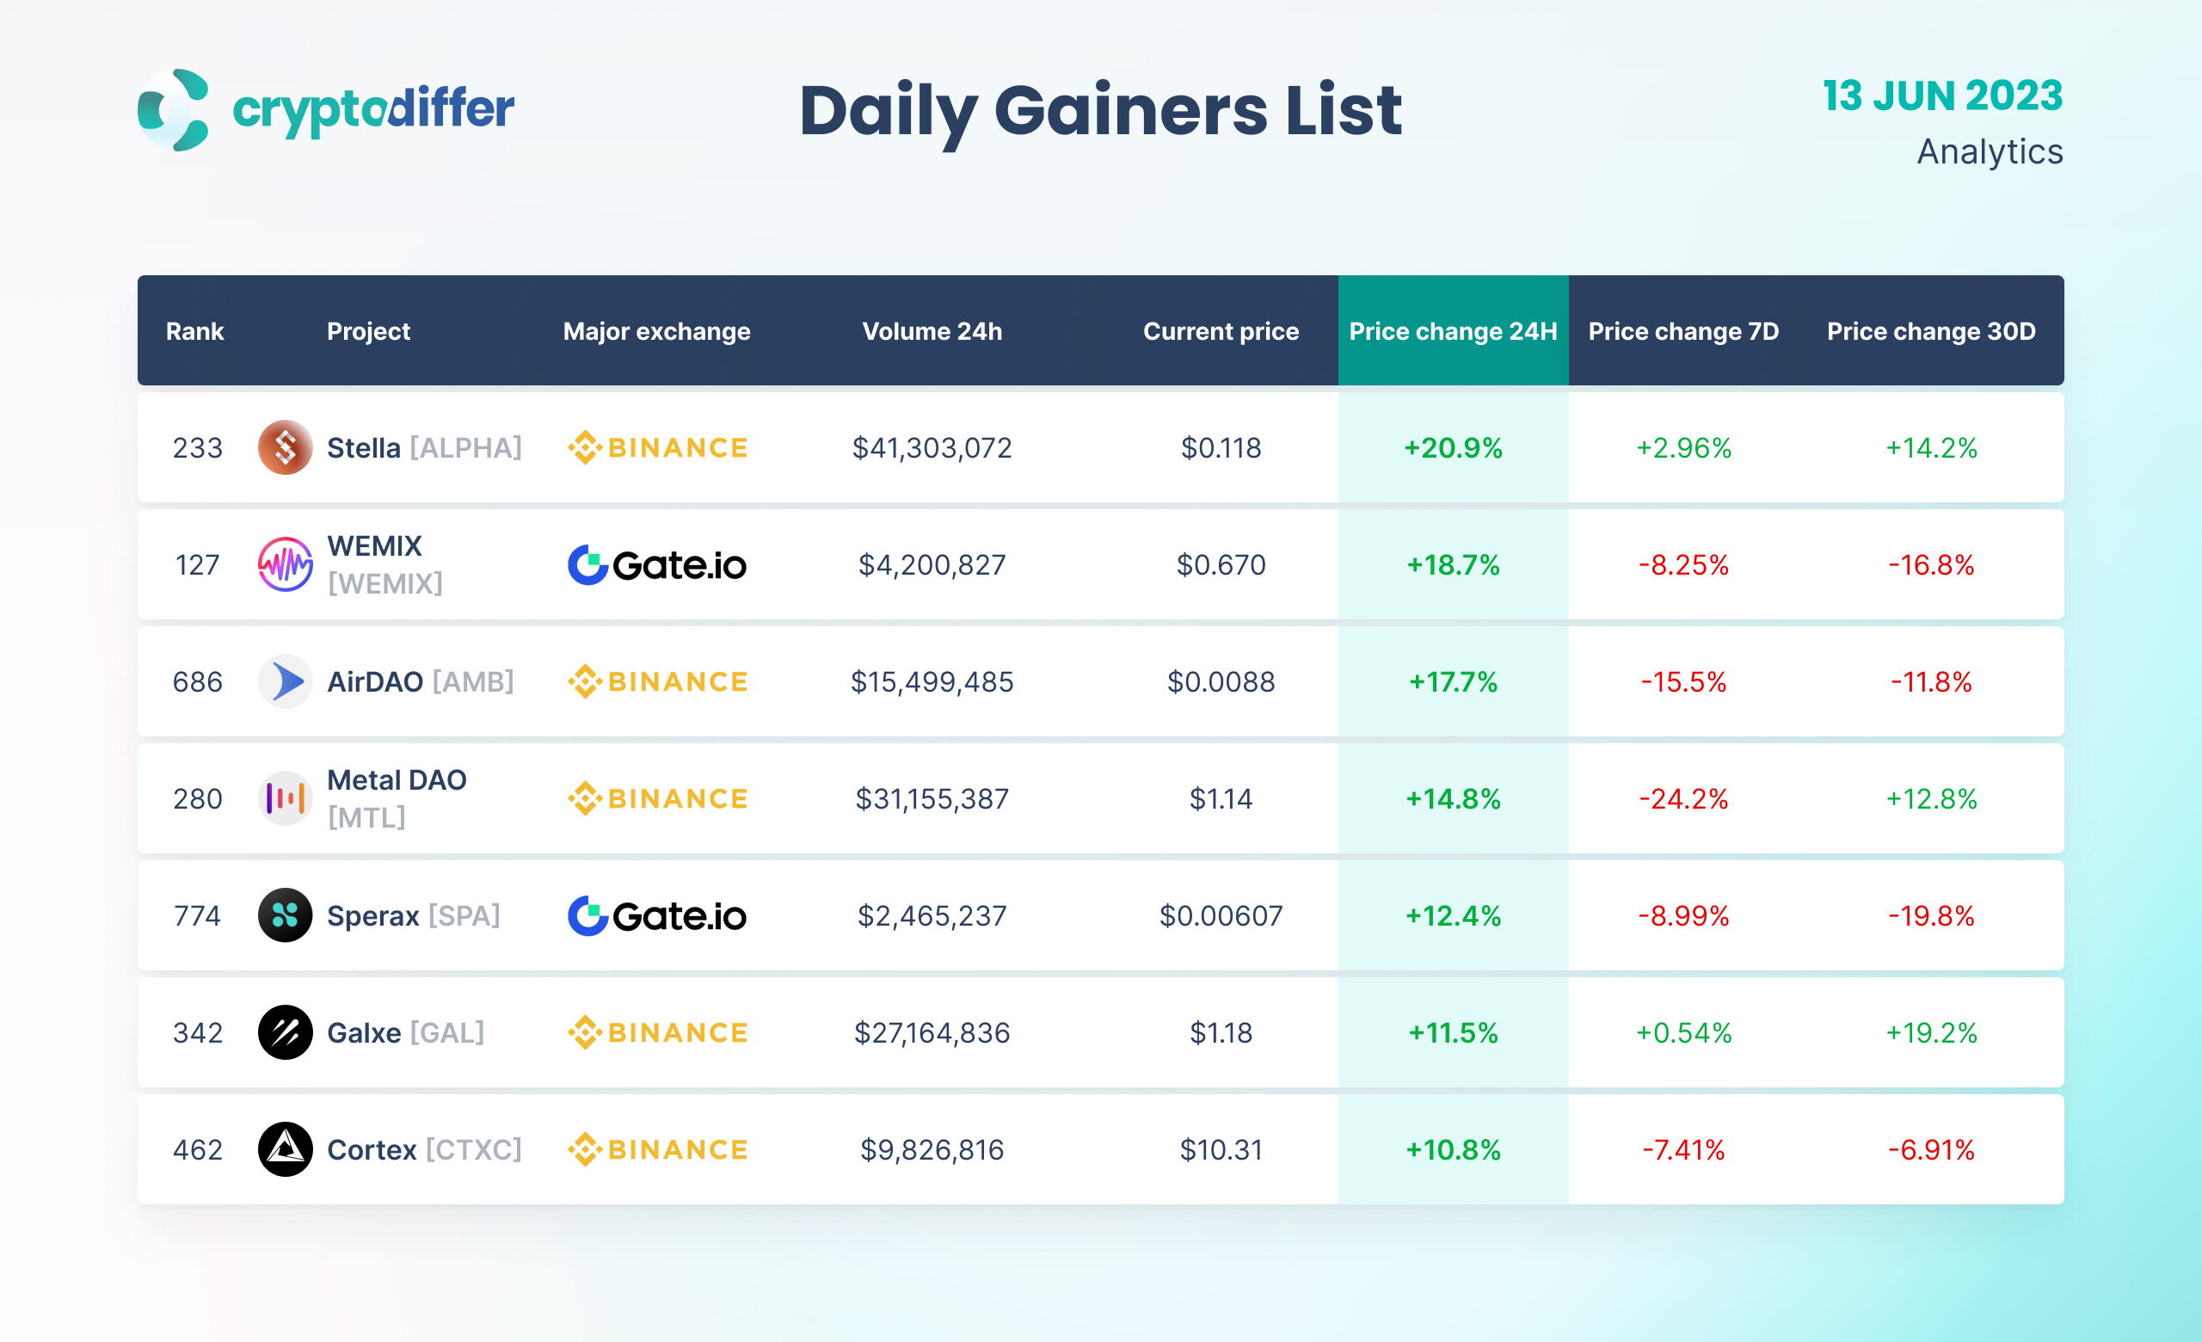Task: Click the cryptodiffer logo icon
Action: [174, 110]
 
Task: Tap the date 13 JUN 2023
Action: [1942, 95]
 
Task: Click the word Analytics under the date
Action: [1990, 152]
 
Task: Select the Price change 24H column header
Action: [1452, 331]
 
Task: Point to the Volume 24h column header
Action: [932, 331]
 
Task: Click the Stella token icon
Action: [285, 447]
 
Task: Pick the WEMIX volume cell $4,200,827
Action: [932, 564]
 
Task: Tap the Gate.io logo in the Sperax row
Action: [657, 916]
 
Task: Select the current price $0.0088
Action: [1221, 681]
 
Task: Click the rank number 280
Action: [198, 799]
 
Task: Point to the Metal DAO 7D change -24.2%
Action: [1682, 799]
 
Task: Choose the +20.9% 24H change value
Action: [1452, 447]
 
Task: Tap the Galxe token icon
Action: [285, 1033]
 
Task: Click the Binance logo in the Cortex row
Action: [657, 1150]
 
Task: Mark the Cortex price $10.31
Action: [1221, 1150]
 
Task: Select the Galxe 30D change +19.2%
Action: [1930, 1033]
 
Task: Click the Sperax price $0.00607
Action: [1221, 916]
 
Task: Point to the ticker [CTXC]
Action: [473, 1150]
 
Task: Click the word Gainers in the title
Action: [1130, 111]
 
